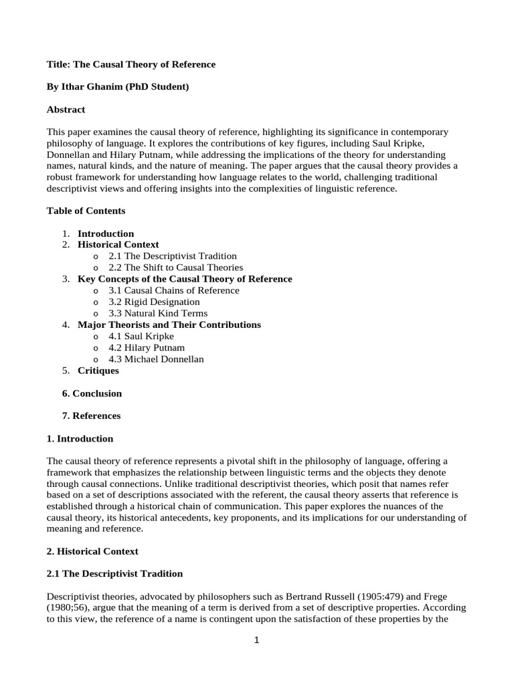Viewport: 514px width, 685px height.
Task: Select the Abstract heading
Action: pos(66,109)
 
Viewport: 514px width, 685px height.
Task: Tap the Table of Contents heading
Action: pos(86,211)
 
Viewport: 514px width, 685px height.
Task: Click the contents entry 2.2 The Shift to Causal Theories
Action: pos(175,268)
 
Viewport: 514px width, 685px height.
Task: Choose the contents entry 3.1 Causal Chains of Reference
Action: pos(173,290)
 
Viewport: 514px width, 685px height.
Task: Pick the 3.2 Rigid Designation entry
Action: pos(154,302)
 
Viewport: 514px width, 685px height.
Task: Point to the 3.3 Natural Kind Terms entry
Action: pos(158,313)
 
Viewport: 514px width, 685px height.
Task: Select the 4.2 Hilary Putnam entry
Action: pos(147,347)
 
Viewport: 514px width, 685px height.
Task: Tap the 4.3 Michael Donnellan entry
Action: pos(156,359)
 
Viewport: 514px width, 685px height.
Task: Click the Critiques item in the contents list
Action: pos(98,370)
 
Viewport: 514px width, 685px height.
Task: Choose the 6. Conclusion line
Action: pos(92,393)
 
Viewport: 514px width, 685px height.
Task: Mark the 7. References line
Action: pos(91,415)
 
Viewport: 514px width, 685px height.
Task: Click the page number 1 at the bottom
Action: pos(256,640)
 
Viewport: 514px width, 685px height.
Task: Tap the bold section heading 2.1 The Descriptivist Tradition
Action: pos(114,573)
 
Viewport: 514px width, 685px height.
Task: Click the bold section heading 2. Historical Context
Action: pos(92,551)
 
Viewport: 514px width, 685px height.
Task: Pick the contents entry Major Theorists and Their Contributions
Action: pos(169,324)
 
